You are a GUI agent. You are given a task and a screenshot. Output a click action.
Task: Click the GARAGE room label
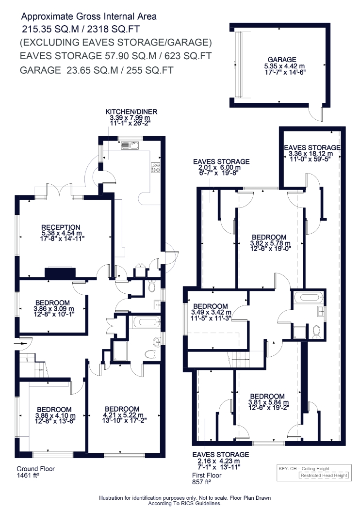(282, 60)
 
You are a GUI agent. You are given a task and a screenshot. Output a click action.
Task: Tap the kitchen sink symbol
(130, 146)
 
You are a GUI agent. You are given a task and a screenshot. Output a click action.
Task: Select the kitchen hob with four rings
(155, 167)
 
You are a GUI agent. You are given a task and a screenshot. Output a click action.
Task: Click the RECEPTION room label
(61, 227)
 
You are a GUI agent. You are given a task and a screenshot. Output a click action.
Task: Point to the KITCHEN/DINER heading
(131, 111)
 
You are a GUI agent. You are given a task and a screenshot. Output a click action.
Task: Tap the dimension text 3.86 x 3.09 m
(54, 309)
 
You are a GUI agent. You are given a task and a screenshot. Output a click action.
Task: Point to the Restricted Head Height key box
(324, 476)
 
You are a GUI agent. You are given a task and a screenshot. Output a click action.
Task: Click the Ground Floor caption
(36, 469)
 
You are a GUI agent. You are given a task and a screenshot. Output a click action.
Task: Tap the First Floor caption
(207, 475)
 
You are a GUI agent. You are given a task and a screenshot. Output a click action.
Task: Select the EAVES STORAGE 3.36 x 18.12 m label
(312, 151)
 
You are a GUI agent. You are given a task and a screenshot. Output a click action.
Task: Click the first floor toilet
(316, 332)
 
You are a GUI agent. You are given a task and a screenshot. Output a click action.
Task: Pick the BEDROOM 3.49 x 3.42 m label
(211, 312)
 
